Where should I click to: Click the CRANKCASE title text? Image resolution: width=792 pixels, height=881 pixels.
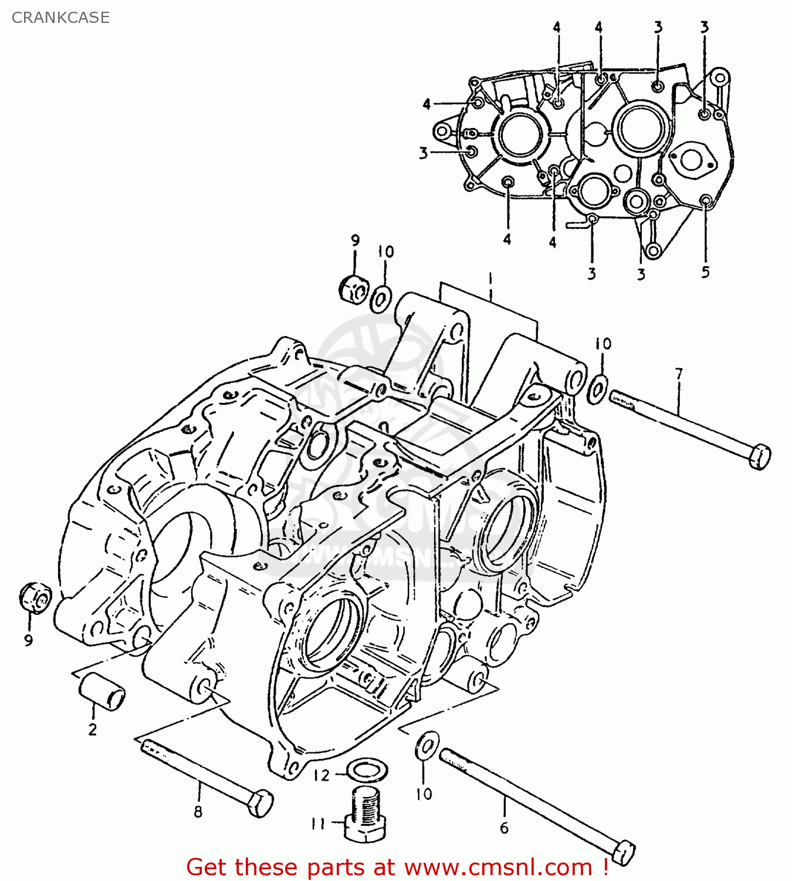tap(60, 18)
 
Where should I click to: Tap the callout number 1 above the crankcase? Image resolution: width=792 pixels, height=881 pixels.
tap(490, 279)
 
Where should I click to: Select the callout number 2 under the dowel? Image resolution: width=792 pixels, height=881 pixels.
tap(92, 730)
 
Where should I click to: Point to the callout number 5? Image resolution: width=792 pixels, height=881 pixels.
tap(705, 271)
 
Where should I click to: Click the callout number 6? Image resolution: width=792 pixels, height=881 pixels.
tap(504, 828)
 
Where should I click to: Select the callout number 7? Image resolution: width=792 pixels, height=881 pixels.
tap(679, 374)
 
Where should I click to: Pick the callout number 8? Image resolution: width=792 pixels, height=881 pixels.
tap(198, 812)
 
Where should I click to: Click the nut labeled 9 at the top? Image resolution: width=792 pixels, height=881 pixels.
tap(353, 288)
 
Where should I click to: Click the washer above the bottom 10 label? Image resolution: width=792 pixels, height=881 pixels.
tap(427, 746)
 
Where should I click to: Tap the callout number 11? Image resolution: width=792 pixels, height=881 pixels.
tap(318, 824)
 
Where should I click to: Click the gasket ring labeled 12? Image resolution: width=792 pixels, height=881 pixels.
tap(367, 769)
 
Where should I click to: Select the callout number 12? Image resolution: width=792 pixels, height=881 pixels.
tap(321, 775)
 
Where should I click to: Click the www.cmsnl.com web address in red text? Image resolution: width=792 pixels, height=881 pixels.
tap(498, 867)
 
